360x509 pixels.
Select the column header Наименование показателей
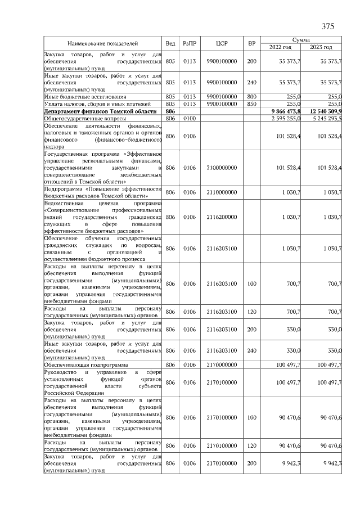[x=102, y=43]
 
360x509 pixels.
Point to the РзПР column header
[x=189, y=43]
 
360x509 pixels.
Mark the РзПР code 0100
[x=189, y=119]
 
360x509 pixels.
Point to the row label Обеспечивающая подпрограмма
[x=84, y=365]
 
